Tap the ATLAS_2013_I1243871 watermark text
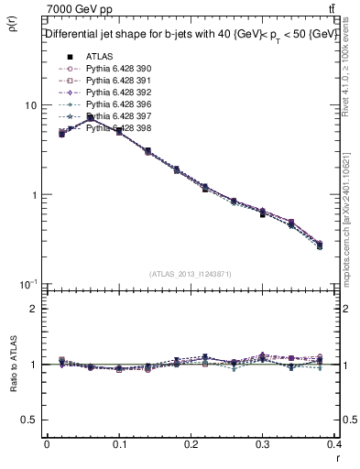click(x=191, y=274)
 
